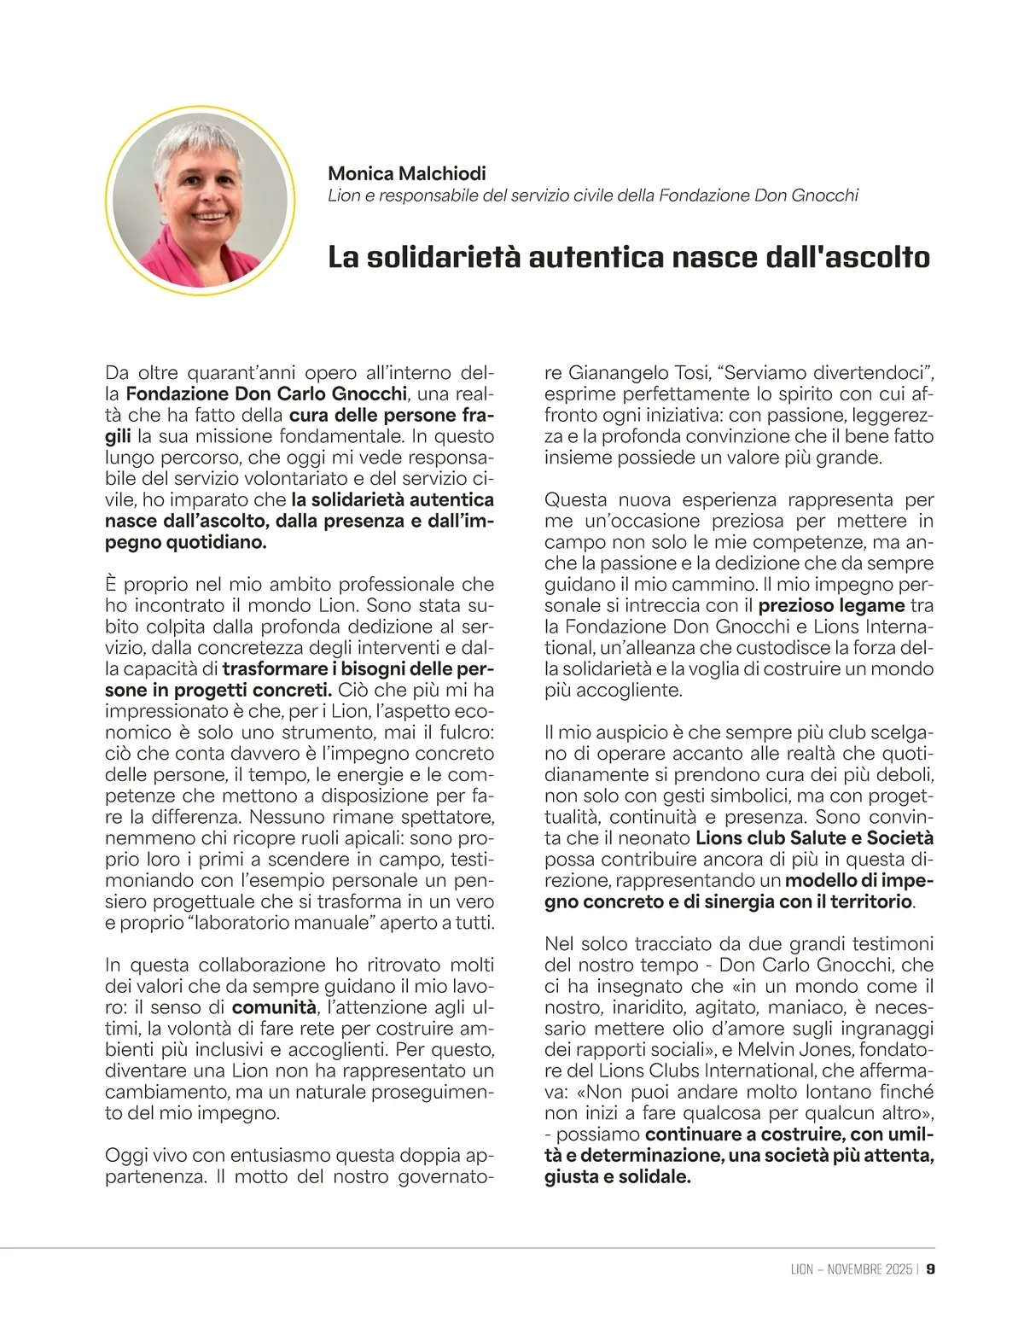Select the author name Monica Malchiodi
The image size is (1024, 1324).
pyautogui.click(x=407, y=173)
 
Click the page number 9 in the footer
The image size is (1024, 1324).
pyautogui.click(x=931, y=1269)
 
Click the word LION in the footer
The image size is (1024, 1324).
pyautogui.click(x=802, y=1269)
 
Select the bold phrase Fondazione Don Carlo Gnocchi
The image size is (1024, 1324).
pyautogui.click(x=266, y=394)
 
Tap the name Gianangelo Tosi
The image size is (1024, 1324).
pyautogui.click(x=640, y=373)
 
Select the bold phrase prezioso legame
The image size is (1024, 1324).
pyautogui.click(x=832, y=606)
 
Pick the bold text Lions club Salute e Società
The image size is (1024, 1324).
pyautogui.click(x=815, y=838)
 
